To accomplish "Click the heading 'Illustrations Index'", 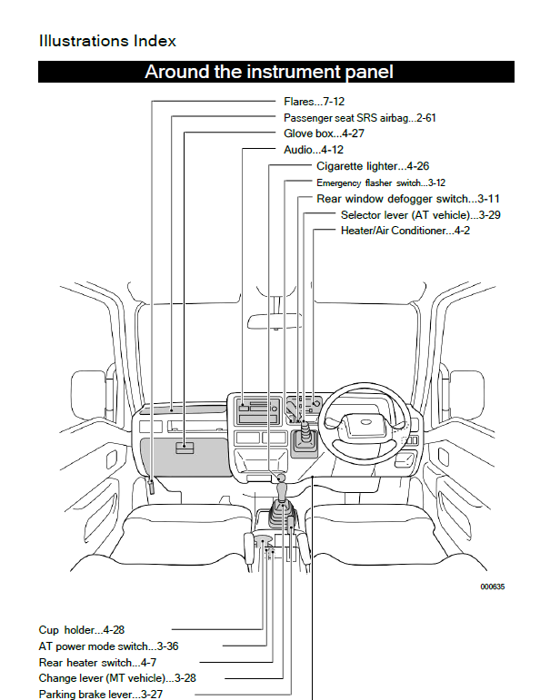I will click(107, 41).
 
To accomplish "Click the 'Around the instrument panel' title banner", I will click(269, 72).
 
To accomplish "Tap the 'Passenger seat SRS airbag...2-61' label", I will click(360, 118).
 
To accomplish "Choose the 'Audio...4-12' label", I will click(314, 149).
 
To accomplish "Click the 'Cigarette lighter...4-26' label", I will click(373, 166).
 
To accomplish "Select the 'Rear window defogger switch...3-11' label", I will click(408, 198).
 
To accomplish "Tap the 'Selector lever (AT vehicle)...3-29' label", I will click(421, 214).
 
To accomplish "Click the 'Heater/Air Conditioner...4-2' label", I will click(405, 231).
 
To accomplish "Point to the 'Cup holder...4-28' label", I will click(82, 629).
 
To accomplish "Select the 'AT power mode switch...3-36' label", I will click(108, 646).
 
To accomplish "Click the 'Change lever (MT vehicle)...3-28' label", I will click(116, 677).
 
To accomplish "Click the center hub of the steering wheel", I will click(365, 422).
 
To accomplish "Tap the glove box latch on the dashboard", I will click(185, 445).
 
